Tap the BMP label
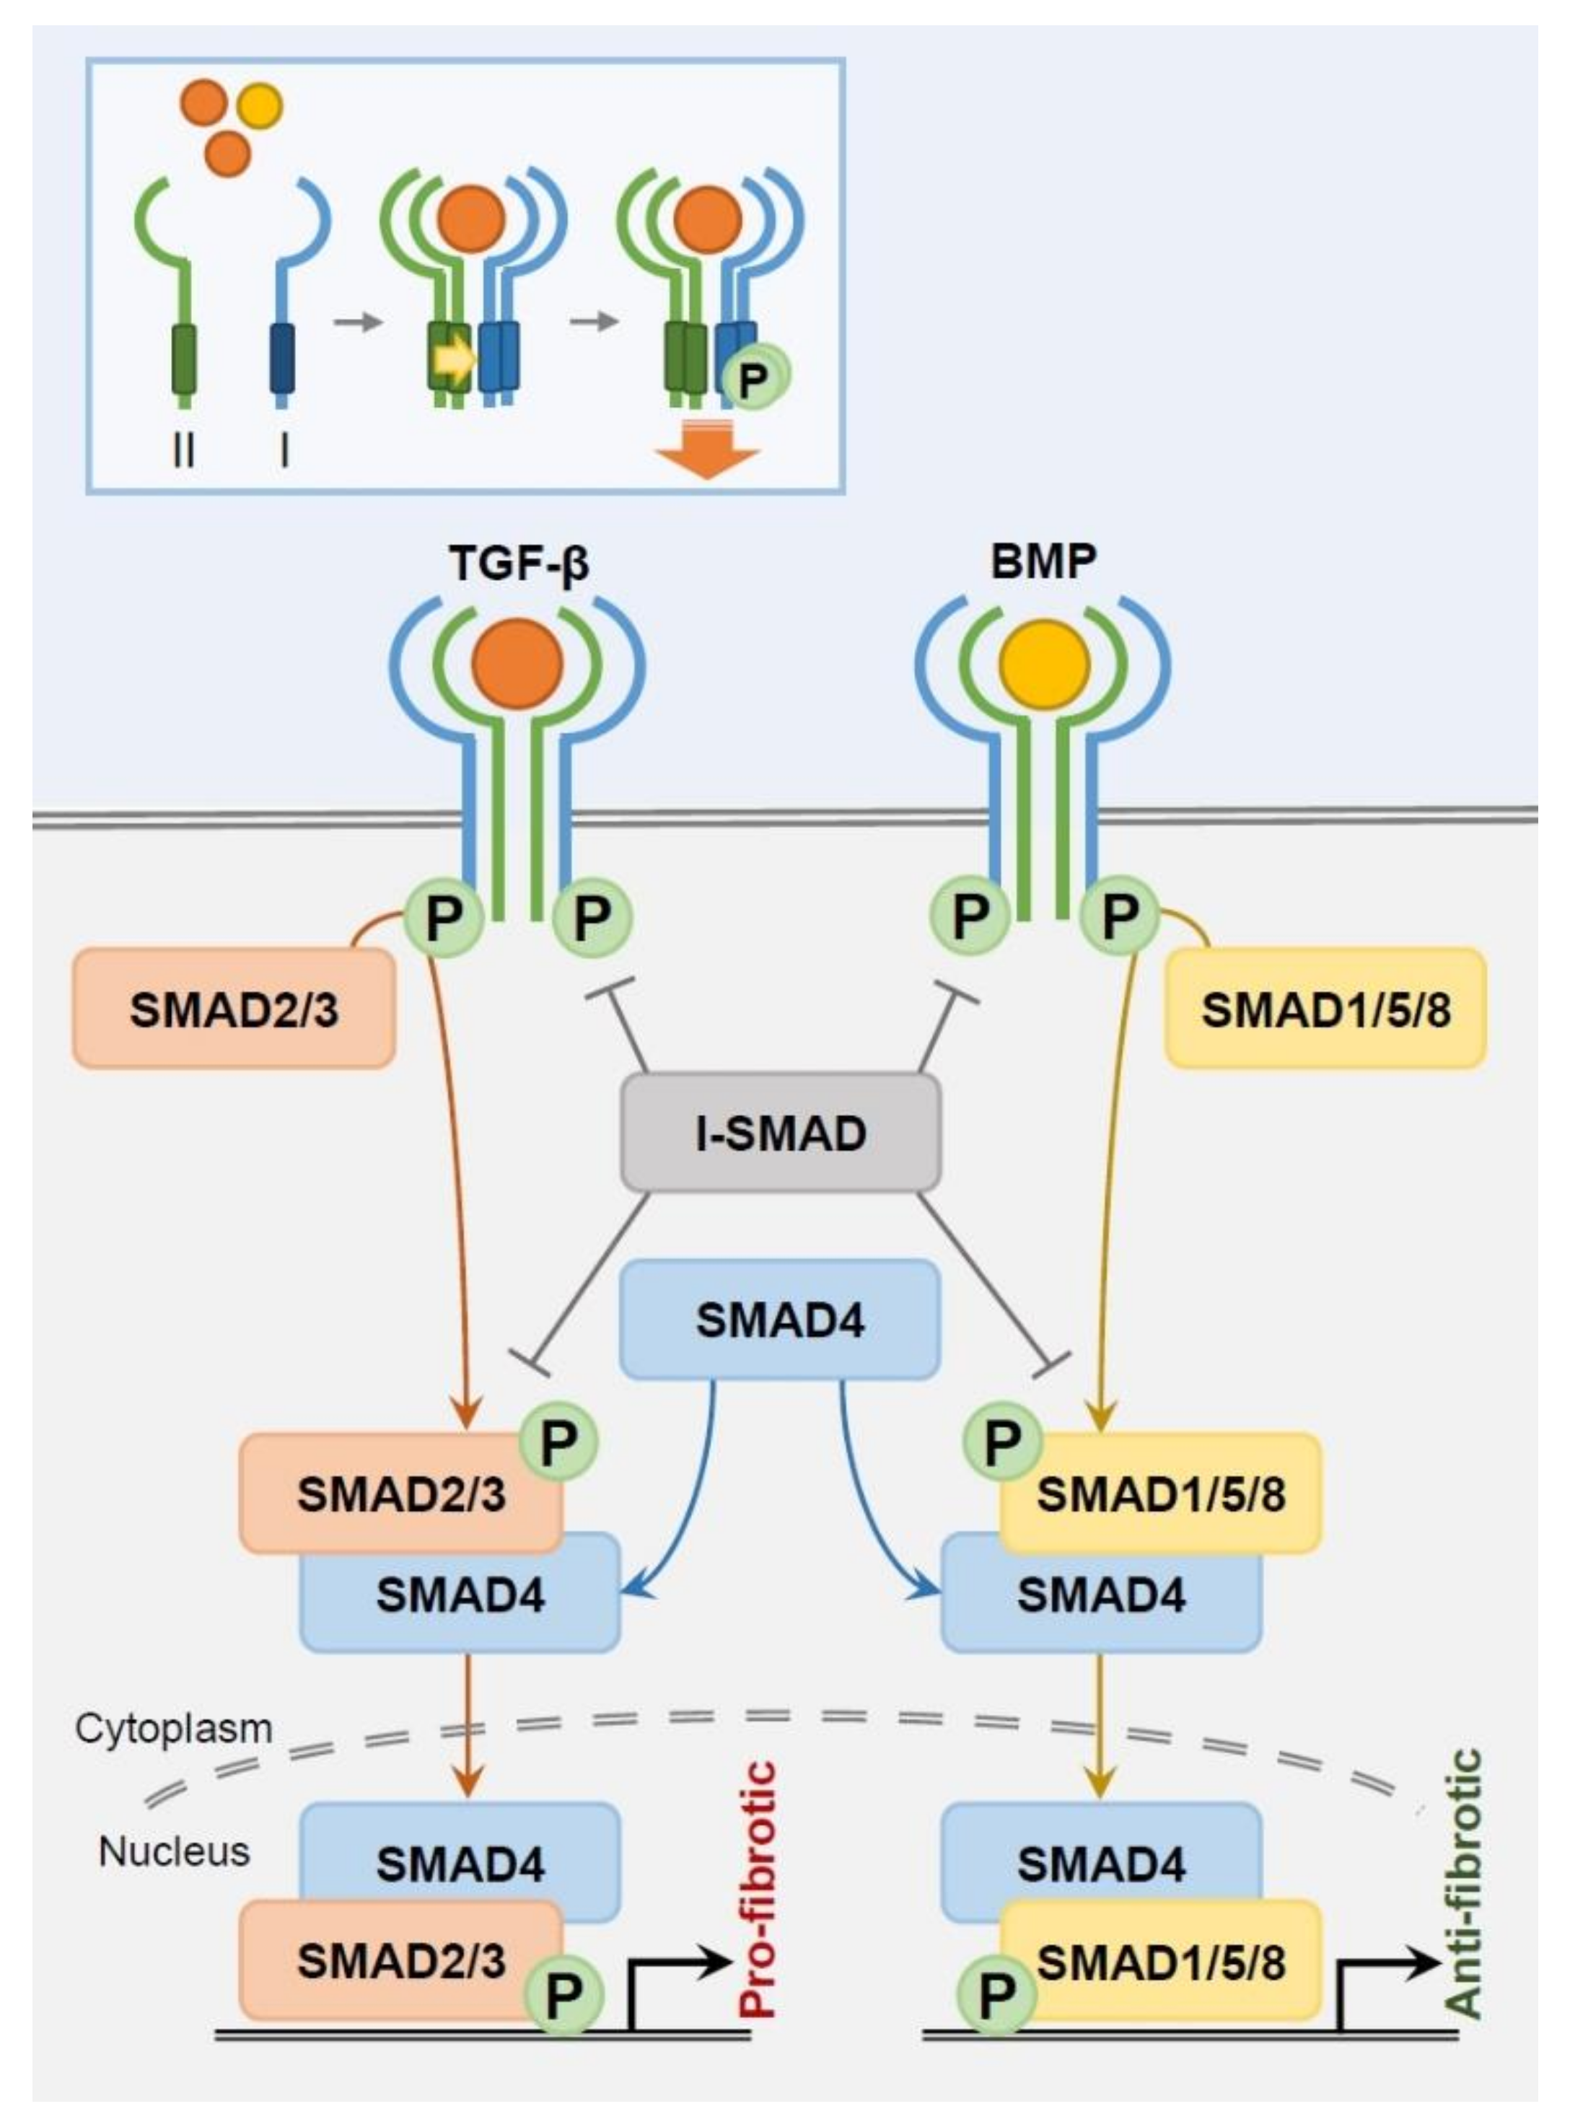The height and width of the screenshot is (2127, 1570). pyautogui.click(x=1043, y=561)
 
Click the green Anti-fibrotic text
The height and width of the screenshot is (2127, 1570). pyautogui.click(x=1463, y=1884)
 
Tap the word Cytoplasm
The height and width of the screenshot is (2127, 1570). pyautogui.click(x=174, y=1729)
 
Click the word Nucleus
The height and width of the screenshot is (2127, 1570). pyautogui.click(x=174, y=1851)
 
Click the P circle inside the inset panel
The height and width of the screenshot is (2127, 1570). pyautogui.click(x=754, y=380)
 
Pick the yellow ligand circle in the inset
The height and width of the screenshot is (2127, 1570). pyautogui.click(x=260, y=105)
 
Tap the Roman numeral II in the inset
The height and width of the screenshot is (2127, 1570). pyautogui.click(x=185, y=450)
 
